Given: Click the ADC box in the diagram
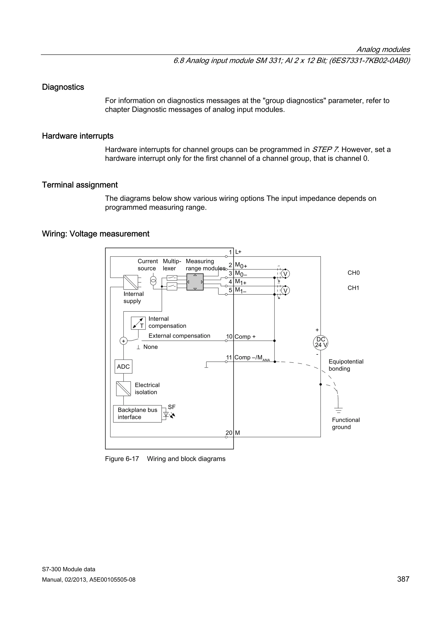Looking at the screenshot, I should click(123, 367).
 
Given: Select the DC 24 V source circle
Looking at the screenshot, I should click(321, 342).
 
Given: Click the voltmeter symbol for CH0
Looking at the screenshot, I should click(285, 274).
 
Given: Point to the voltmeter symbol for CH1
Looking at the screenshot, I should click(285, 291).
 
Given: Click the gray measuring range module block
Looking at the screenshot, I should click(195, 282).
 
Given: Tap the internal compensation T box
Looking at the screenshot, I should click(138, 323).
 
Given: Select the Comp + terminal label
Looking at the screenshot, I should click(245, 337).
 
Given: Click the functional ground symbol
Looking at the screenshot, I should click(338, 410).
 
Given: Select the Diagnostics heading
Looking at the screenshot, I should click(63, 87).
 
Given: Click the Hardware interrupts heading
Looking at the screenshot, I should click(78, 136).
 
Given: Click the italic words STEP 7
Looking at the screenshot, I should click(325, 149).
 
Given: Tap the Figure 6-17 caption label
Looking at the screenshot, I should click(122, 459).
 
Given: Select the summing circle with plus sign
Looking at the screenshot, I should click(124, 341).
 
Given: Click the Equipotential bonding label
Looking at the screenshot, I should click(346, 365).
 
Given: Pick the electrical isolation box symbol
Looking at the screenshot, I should click(123, 389).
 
